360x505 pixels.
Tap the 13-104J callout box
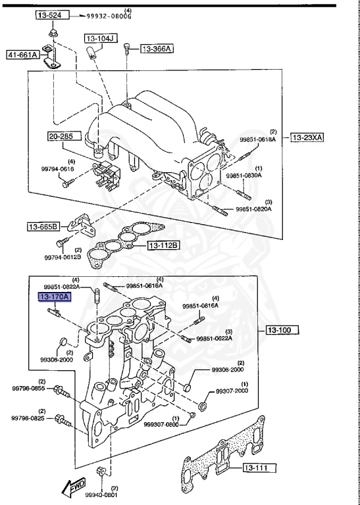click(100, 39)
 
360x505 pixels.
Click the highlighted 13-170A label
click(54, 297)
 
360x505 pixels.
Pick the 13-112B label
click(163, 245)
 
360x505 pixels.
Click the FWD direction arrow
click(72, 487)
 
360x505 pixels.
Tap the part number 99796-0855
click(28, 389)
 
